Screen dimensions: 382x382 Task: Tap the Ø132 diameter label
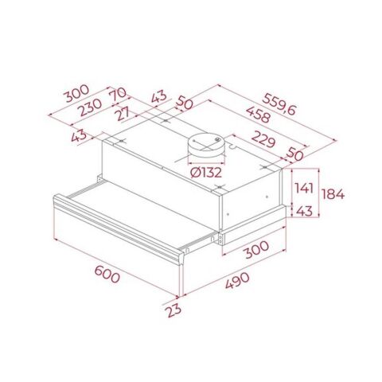coord(205,170)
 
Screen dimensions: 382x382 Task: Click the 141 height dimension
coord(302,189)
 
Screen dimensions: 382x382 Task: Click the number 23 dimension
coord(173,310)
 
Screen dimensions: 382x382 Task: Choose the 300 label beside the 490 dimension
coord(255,250)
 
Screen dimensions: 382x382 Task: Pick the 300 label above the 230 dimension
coord(77,91)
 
